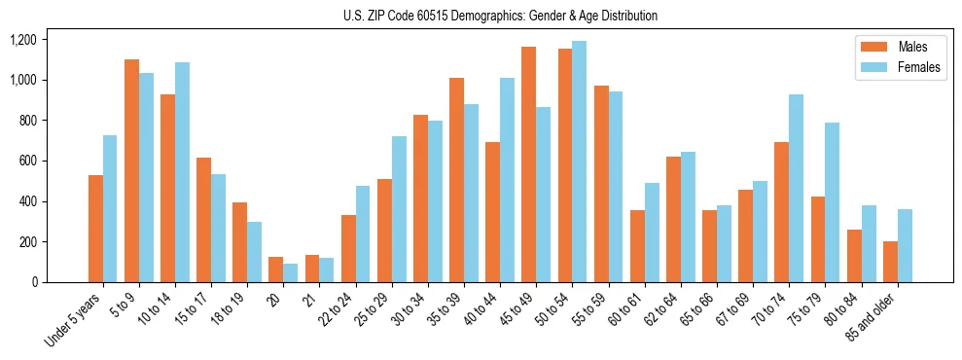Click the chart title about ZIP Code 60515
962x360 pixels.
(500, 16)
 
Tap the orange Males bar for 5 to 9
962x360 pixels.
(131, 171)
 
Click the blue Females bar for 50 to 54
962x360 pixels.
(580, 162)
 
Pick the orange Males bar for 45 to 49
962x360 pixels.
(528, 164)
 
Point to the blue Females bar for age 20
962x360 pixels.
(290, 273)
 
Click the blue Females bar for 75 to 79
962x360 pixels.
(833, 202)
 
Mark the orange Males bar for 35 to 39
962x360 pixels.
(456, 180)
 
